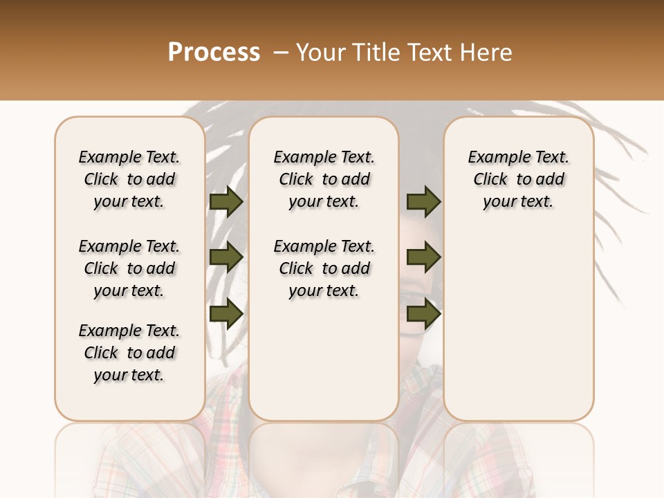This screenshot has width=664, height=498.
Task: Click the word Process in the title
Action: click(214, 53)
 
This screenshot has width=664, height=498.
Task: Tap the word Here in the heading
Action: click(487, 53)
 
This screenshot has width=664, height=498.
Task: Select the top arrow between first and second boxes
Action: click(226, 202)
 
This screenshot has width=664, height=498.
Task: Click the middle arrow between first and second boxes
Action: click(226, 258)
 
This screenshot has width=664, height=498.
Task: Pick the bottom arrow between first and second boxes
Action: click(226, 313)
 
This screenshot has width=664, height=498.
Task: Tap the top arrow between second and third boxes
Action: click(423, 202)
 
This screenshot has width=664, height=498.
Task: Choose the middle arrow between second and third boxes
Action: click(423, 258)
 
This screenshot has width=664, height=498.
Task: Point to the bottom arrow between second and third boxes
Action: click(423, 313)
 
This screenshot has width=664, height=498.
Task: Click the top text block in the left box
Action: click(129, 179)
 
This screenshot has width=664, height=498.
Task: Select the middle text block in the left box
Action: click(129, 268)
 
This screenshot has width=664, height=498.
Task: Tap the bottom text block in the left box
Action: click(129, 353)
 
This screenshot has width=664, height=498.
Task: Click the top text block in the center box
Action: click(324, 179)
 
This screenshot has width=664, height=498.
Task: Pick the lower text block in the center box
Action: click(324, 268)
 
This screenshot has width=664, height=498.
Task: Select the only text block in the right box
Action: click(519, 179)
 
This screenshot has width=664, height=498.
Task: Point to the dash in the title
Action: click(281, 53)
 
